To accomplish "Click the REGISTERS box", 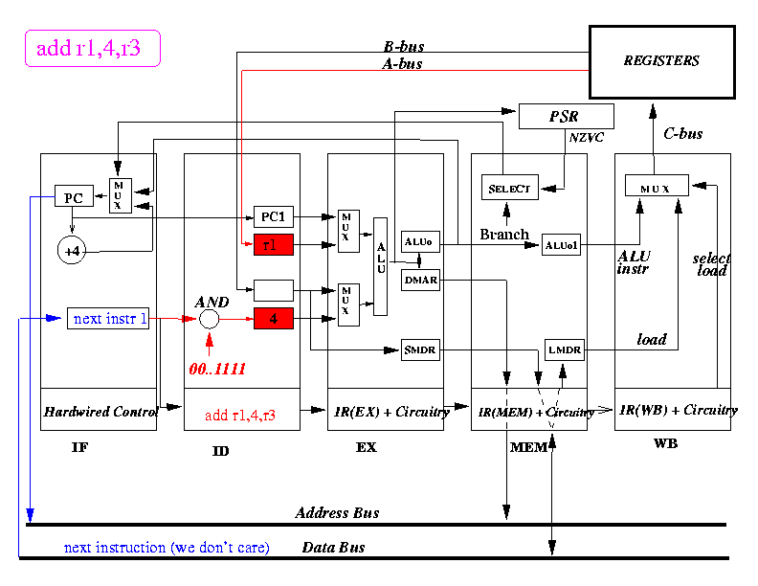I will [661, 61].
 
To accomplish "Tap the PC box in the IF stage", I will [73, 198].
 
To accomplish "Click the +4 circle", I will [73, 251].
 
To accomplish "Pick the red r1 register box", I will [273, 245].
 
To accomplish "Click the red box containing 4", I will [273, 319].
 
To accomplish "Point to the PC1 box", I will [273, 216].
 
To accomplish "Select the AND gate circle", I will [210, 319].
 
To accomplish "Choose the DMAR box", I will [420, 280].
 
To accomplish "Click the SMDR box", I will [420, 350].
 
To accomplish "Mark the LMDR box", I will [563, 350].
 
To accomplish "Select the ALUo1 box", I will [562, 245].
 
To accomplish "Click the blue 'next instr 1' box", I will [108, 319].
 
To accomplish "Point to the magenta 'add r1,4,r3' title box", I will [89, 49].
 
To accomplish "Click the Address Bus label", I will [337, 513].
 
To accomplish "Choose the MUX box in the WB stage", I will [658, 186].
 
